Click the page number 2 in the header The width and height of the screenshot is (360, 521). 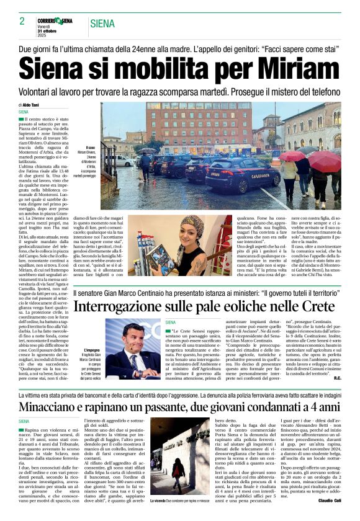click(22, 21)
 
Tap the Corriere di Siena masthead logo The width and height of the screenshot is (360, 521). click(55, 20)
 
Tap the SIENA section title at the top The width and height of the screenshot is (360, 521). click(102, 24)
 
